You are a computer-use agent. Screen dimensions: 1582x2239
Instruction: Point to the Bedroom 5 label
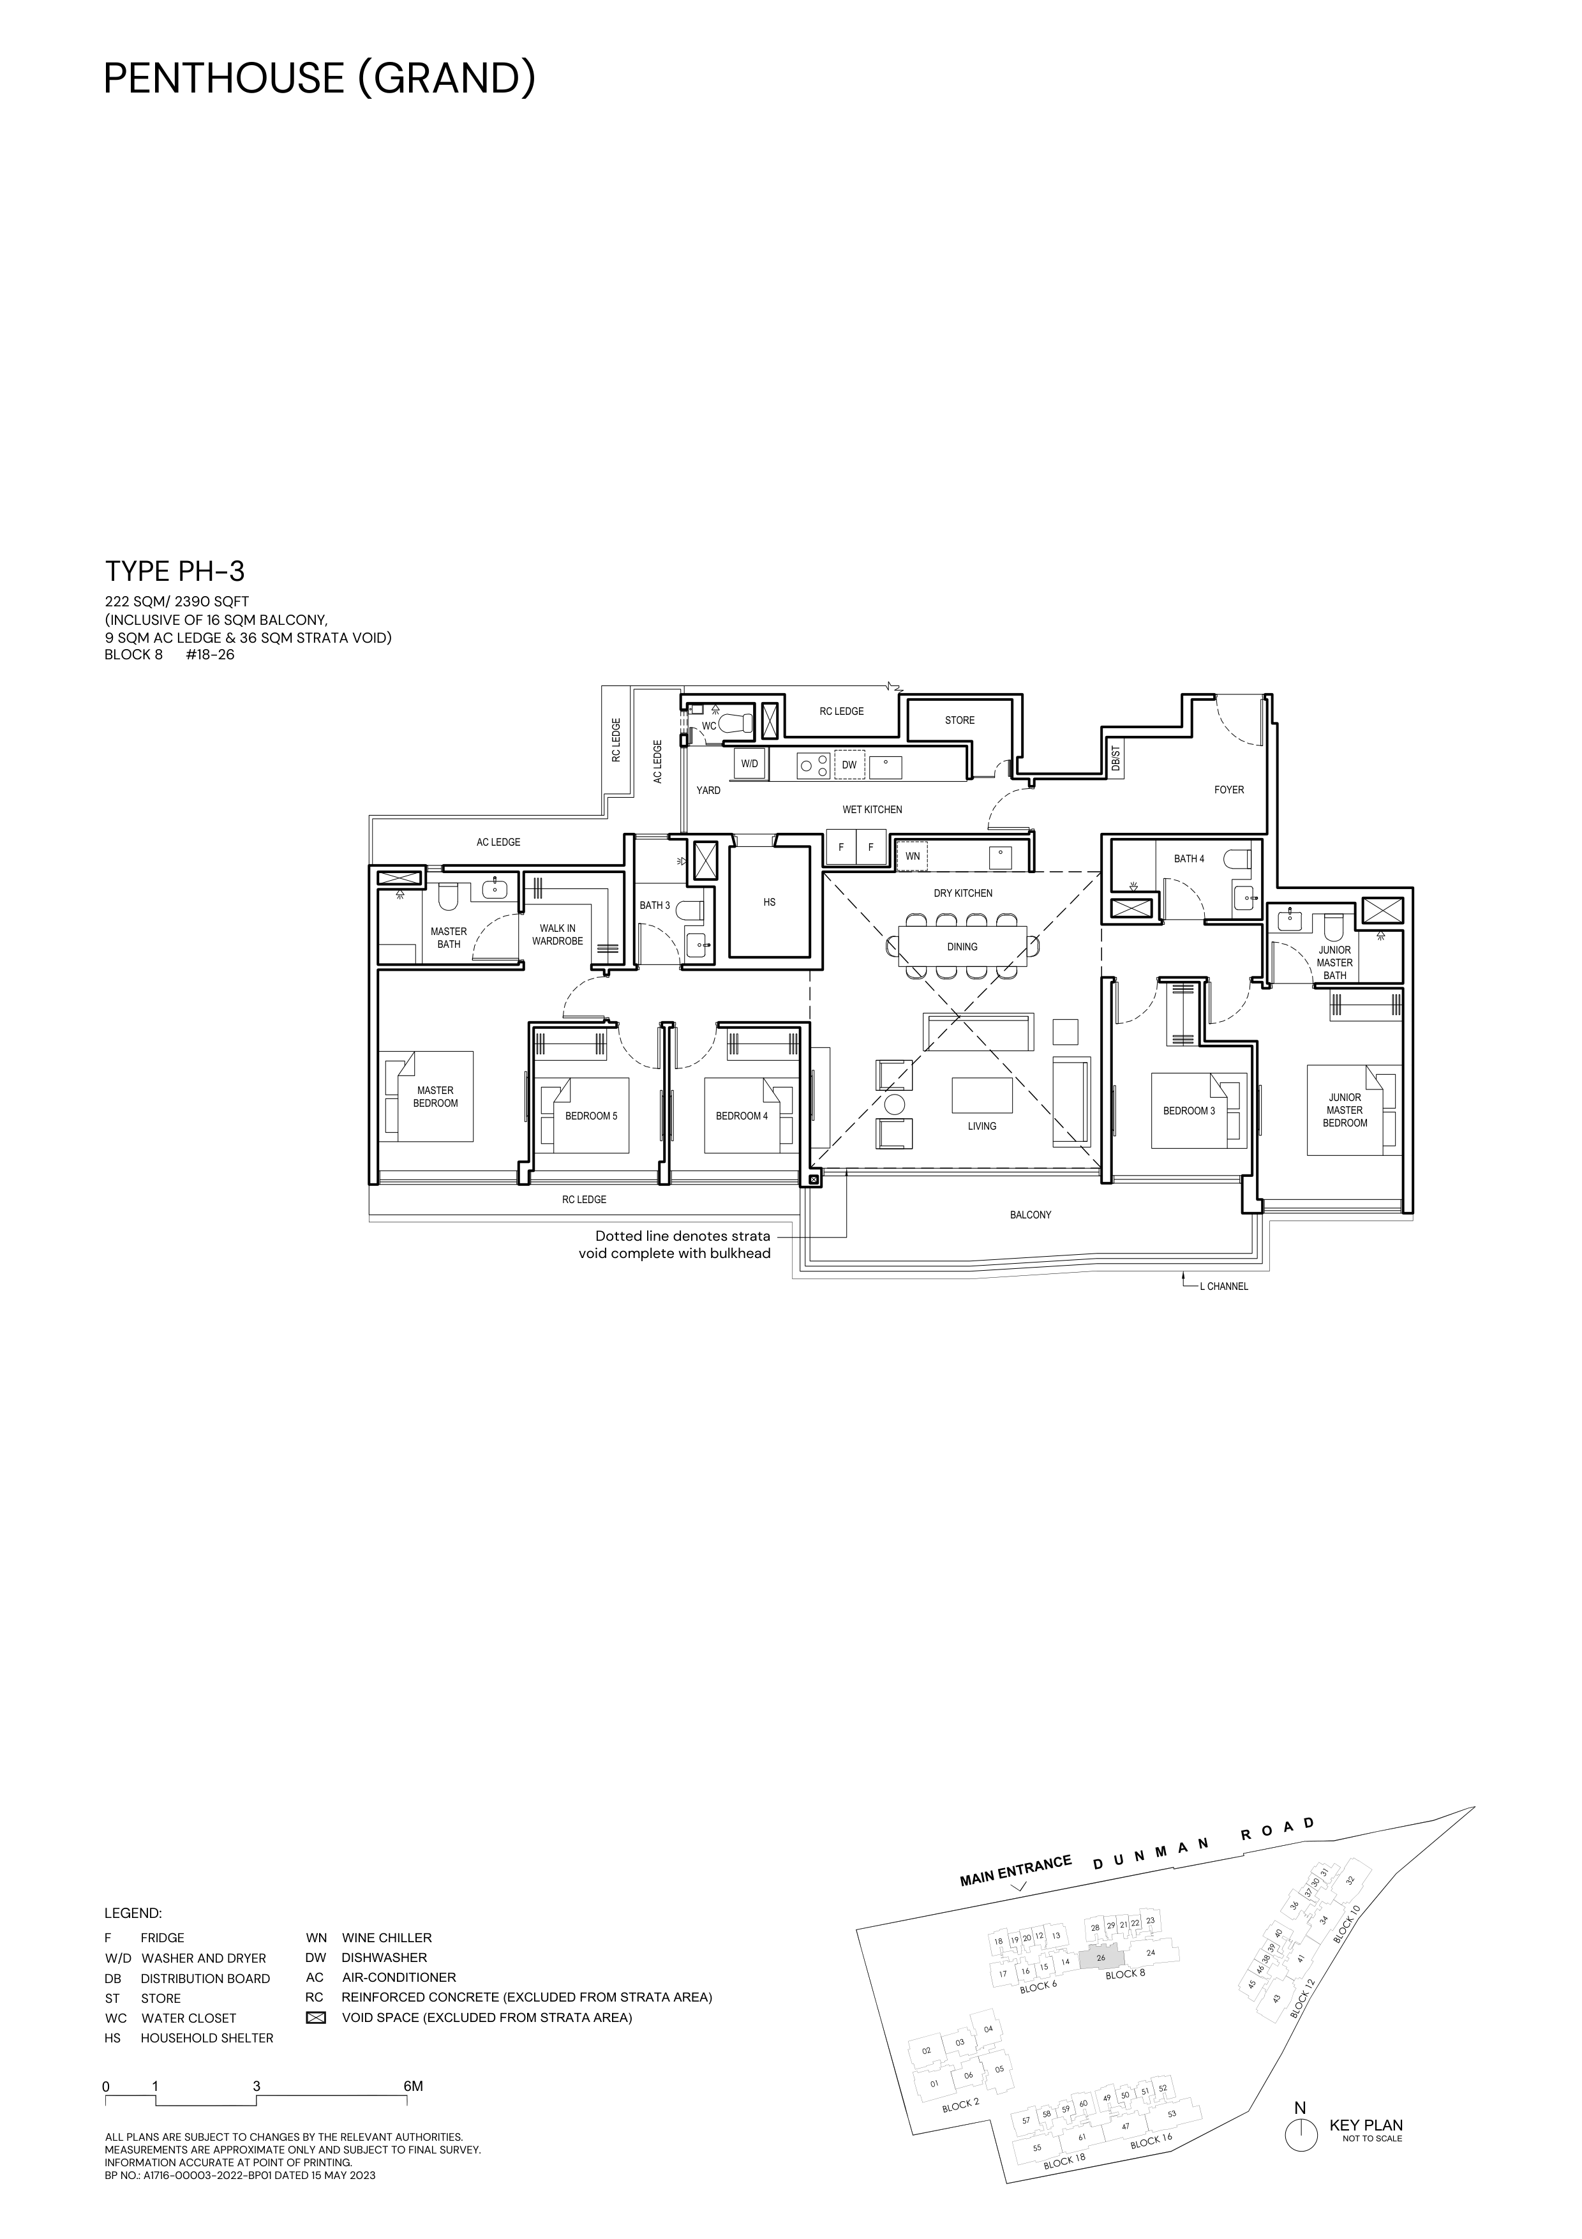point(591,1116)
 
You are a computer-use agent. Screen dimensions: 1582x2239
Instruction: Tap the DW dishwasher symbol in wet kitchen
point(849,765)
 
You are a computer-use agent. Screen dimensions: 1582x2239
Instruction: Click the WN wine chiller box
point(913,856)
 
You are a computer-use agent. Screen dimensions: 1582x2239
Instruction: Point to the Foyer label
point(1229,790)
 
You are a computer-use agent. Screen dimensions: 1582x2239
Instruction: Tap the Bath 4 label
point(1188,859)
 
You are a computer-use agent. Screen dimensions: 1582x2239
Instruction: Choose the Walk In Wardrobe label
point(558,934)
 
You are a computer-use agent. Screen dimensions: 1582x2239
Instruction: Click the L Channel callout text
point(1223,1286)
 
